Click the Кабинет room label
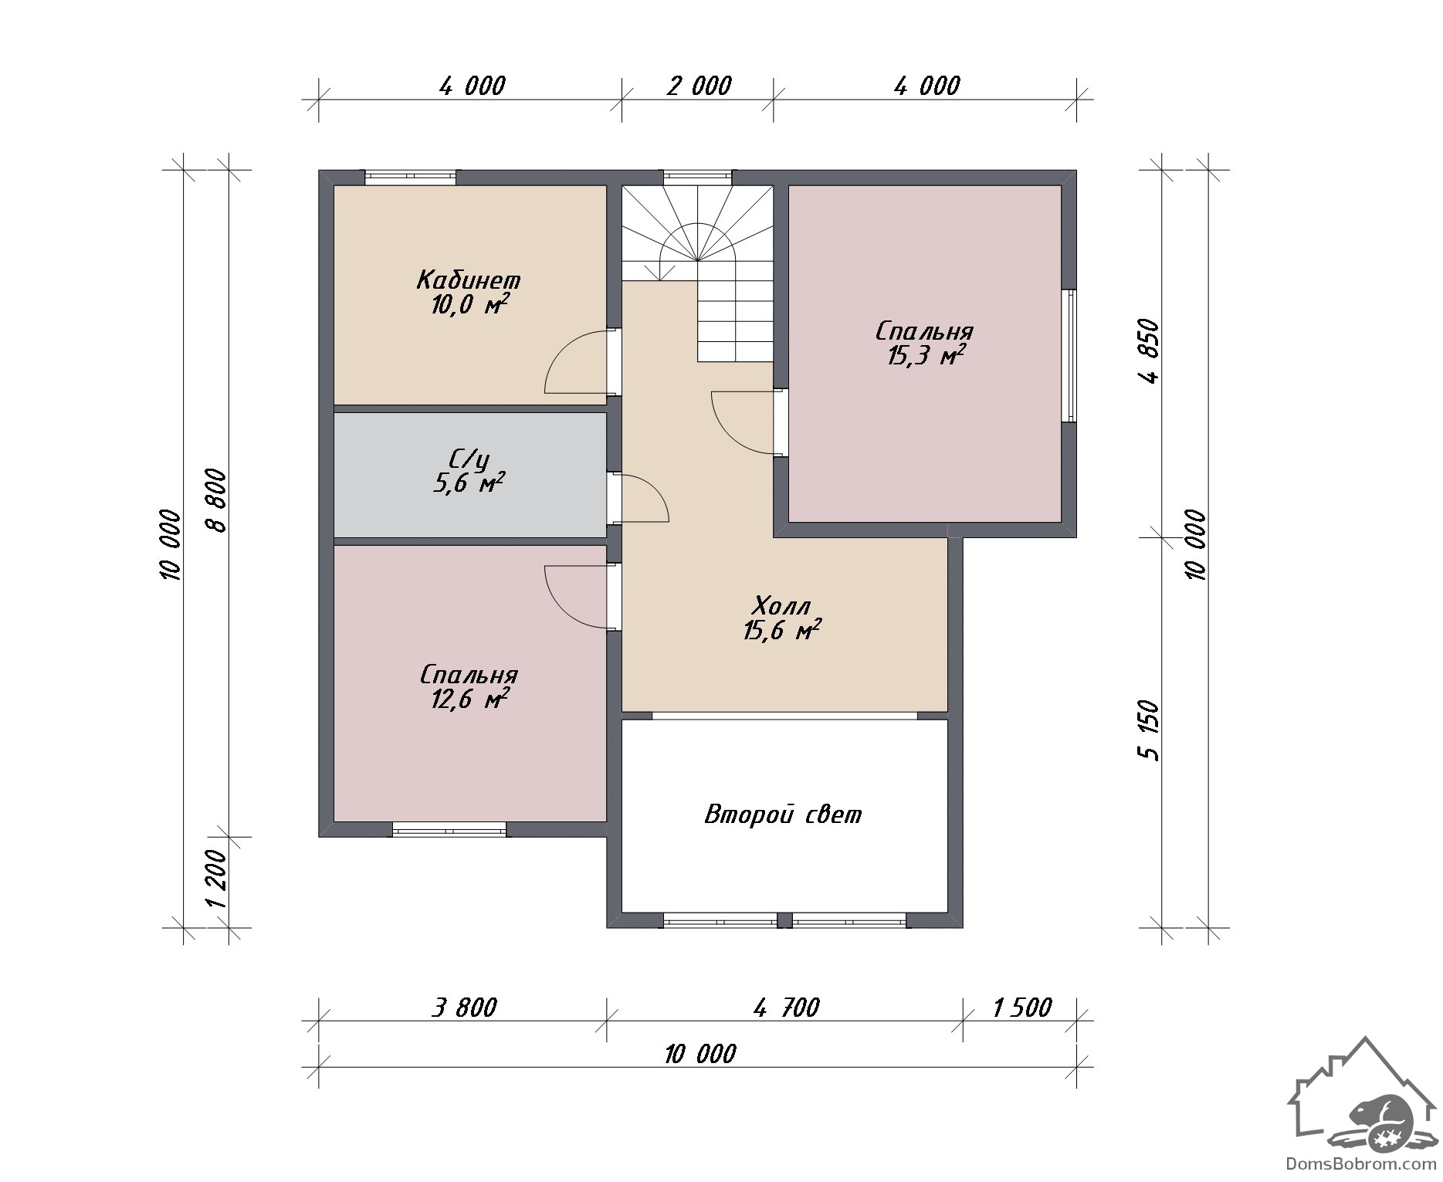(x=469, y=279)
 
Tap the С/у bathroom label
(x=468, y=459)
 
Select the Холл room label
(x=781, y=604)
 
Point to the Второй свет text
(x=783, y=815)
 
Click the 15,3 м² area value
(x=924, y=356)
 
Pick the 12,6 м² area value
(x=469, y=699)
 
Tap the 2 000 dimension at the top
(x=699, y=86)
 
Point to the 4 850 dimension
(x=1150, y=351)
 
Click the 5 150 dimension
(x=1150, y=730)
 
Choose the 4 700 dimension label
(x=785, y=1008)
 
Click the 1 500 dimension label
(x=1021, y=1008)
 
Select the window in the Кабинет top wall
(x=410, y=178)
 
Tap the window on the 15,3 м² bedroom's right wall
(x=1069, y=355)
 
